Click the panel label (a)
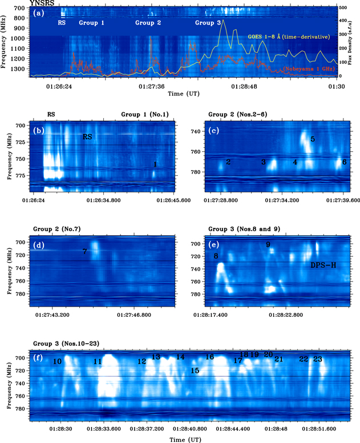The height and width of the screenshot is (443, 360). [x=39, y=12]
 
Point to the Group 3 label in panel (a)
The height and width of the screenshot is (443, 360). [x=208, y=23]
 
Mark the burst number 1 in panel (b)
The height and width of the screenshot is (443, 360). [x=155, y=164]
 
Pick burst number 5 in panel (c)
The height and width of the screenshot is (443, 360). [x=313, y=139]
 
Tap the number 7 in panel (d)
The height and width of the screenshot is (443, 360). [x=84, y=251]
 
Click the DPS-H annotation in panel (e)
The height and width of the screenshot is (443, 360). [x=324, y=265]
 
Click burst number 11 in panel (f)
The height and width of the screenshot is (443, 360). [x=98, y=361]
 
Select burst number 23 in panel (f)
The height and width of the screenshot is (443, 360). [x=317, y=359]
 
